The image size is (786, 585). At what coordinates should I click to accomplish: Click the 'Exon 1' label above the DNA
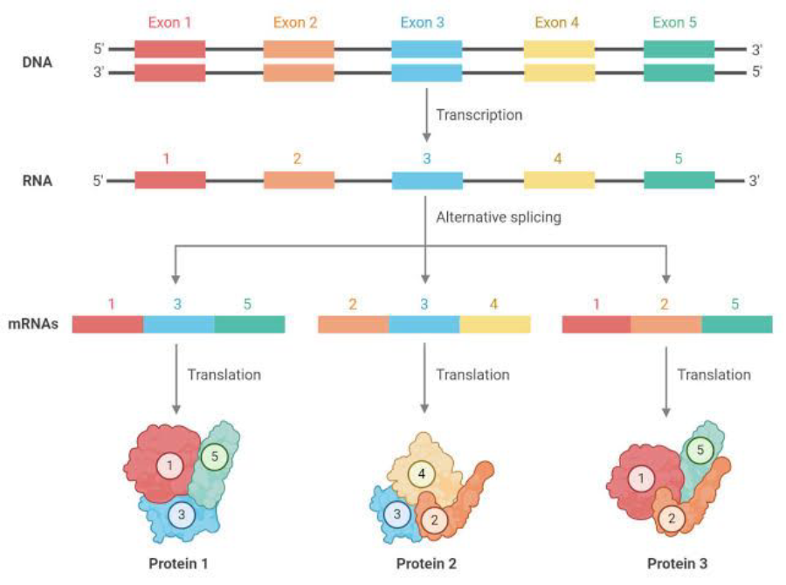pyautogui.click(x=169, y=23)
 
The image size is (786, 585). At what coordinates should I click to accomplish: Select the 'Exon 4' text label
pyautogui.click(x=557, y=23)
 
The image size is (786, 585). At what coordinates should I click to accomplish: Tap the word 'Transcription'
pyautogui.click(x=479, y=114)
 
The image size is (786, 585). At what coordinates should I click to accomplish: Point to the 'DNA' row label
pyautogui.click(x=38, y=62)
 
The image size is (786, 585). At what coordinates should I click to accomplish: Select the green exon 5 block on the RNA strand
pyautogui.click(x=679, y=181)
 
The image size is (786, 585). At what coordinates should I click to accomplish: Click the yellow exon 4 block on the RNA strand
pyautogui.click(x=559, y=181)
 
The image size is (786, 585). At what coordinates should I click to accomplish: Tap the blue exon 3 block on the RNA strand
pyautogui.click(x=426, y=181)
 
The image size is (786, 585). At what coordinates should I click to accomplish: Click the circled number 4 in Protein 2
pyautogui.click(x=423, y=474)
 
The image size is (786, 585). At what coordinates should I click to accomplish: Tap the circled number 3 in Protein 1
pyautogui.click(x=181, y=515)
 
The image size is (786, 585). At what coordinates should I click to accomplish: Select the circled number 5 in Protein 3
pyautogui.click(x=698, y=451)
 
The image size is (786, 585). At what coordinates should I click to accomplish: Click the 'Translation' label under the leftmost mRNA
pyautogui.click(x=224, y=375)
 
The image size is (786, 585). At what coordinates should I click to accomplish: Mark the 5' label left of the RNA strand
pyautogui.click(x=99, y=182)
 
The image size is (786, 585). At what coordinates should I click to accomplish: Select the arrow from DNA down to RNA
pyautogui.click(x=426, y=114)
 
